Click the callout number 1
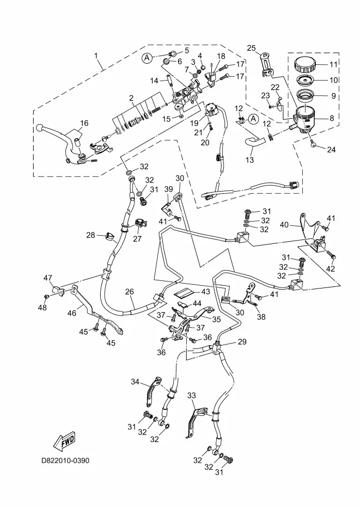[96, 56]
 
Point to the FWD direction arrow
[65, 439]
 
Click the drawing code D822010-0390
[65, 460]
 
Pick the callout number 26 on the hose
[129, 292]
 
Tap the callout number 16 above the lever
[84, 122]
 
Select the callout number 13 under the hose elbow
[250, 160]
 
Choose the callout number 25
[251, 47]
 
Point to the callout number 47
[48, 278]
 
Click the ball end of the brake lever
[39, 128]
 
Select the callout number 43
[191, 292]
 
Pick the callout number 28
[90, 235]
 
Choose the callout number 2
[131, 98]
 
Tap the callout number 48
[42, 308]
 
